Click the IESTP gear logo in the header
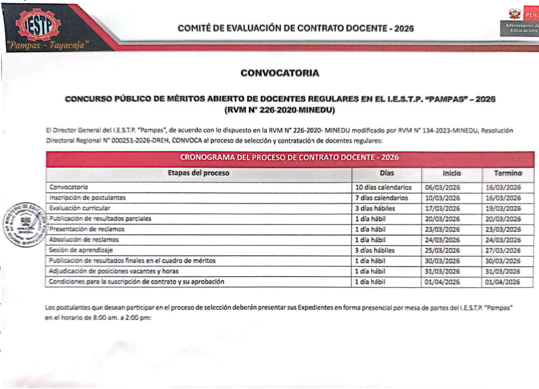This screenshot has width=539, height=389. coord(38,24)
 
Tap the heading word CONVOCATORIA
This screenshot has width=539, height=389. coord(280,73)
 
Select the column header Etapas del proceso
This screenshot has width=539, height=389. coord(198,173)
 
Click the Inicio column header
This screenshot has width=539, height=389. coord(452,173)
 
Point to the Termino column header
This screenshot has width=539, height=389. coord(507,173)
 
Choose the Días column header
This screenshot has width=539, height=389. coord(386,173)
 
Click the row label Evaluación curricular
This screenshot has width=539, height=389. coord(79,208)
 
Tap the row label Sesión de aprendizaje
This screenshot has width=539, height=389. coord(81,250)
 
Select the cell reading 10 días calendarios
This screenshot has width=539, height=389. coord(383,187)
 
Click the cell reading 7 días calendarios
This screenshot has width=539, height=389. coord(381,198)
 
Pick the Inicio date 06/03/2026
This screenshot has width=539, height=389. coord(442,187)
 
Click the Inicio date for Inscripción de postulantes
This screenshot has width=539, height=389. coord(442,198)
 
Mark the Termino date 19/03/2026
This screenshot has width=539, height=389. coord(502,208)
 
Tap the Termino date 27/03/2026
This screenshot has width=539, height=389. coord(502,250)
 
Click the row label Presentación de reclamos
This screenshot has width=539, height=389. coord(87,229)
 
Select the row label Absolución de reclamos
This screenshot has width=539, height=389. coord(84,240)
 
